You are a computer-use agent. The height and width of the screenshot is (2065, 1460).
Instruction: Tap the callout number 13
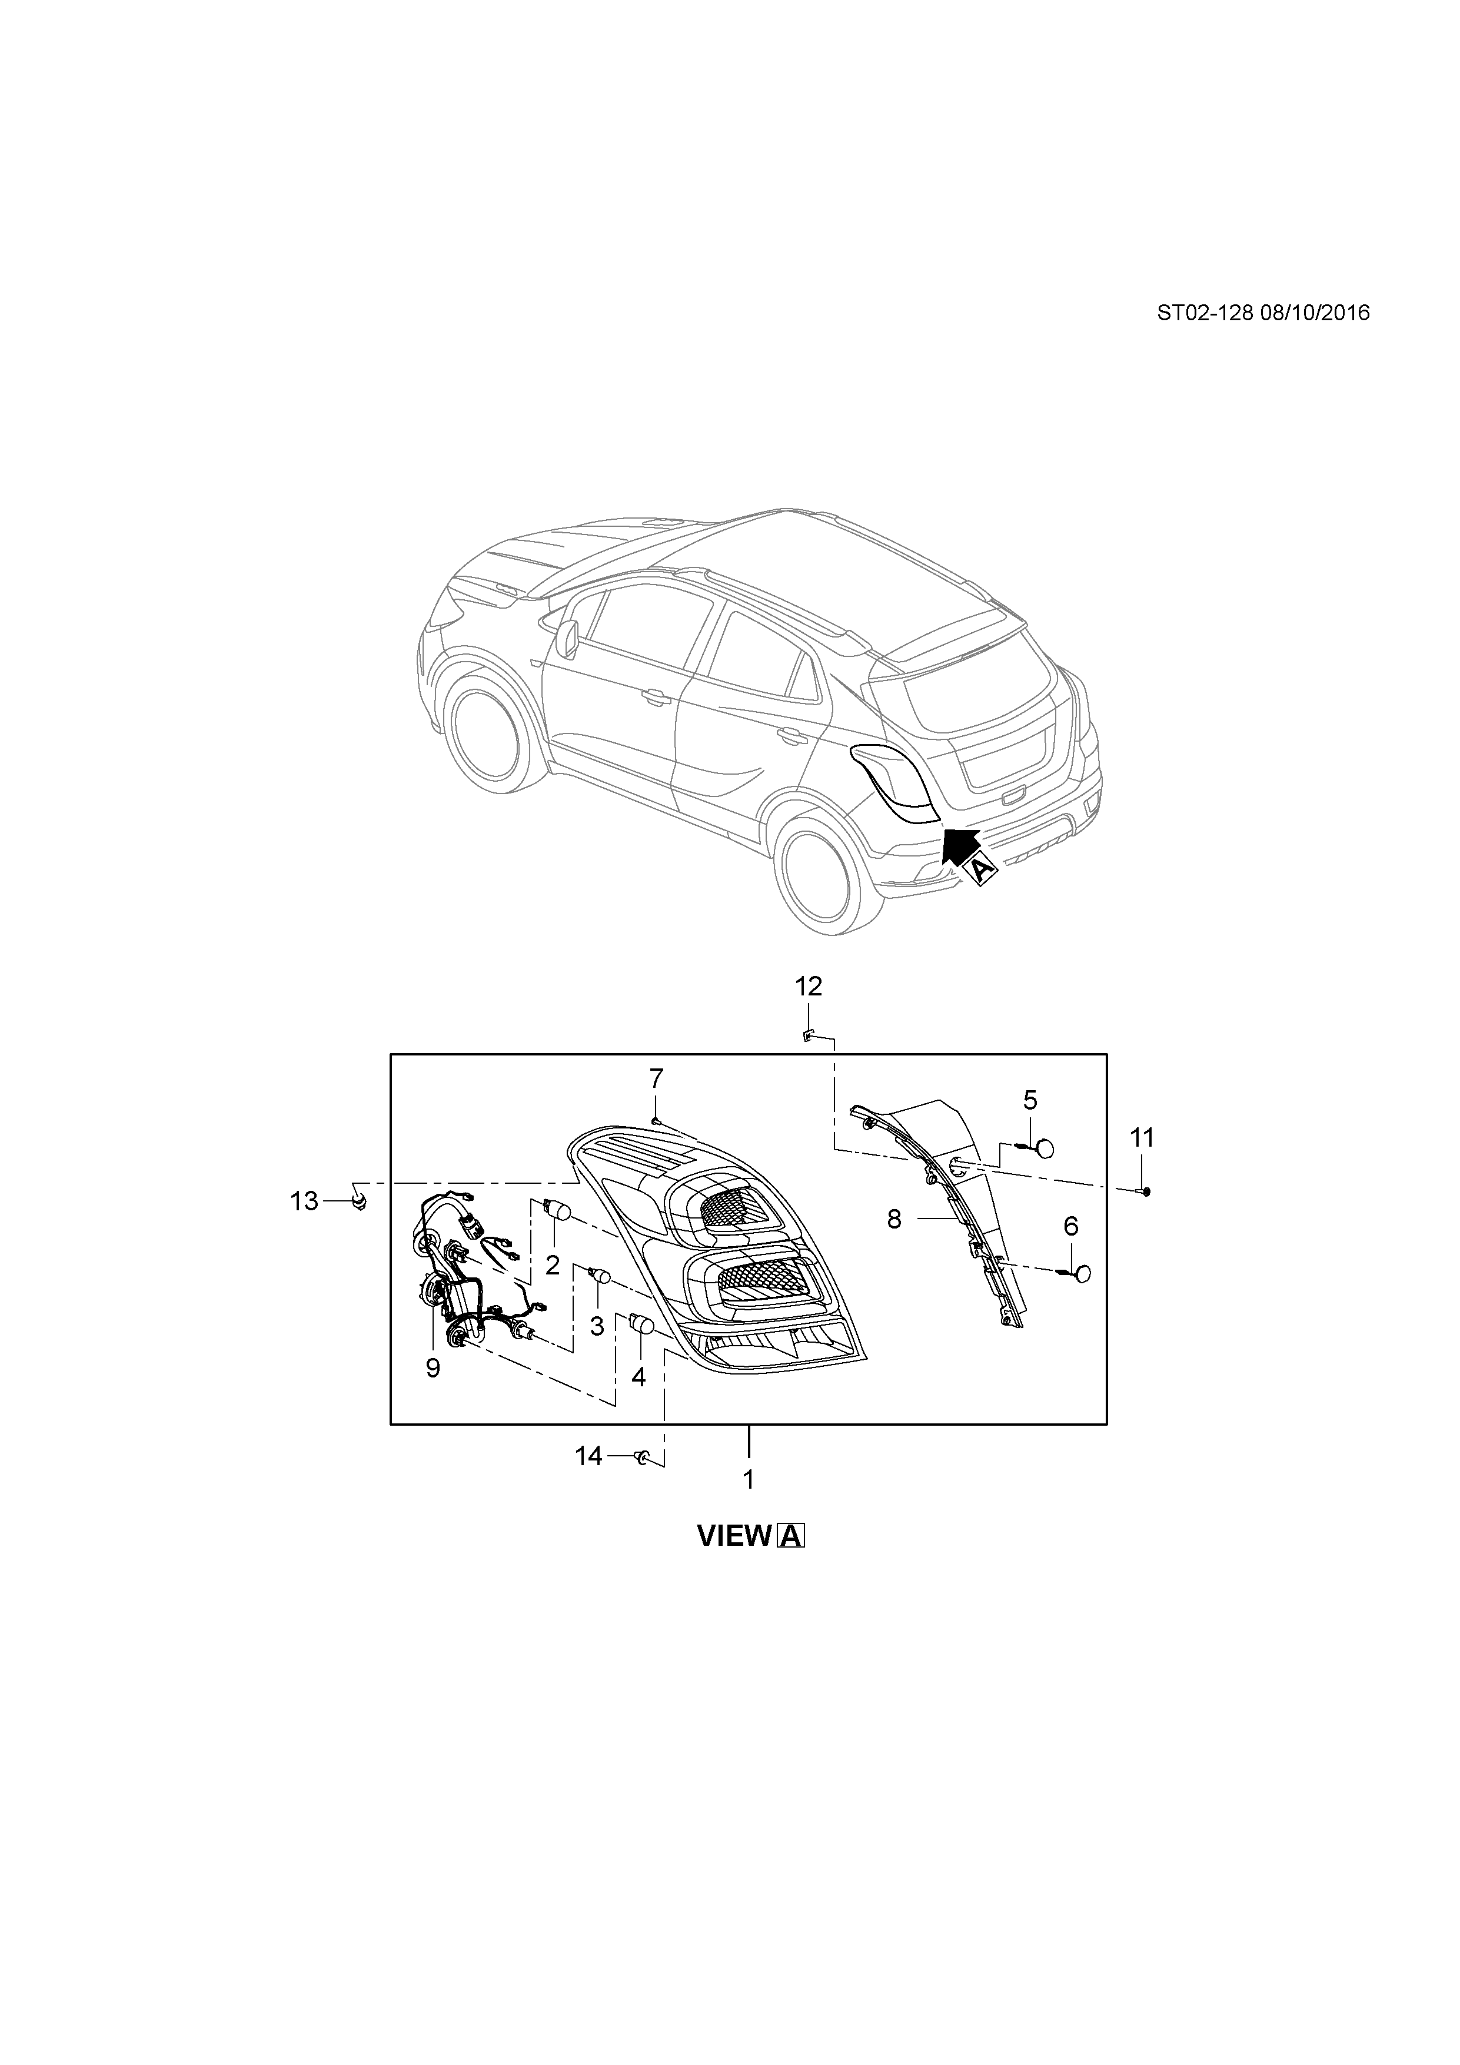coord(304,1201)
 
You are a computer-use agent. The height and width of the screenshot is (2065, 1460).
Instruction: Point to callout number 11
coord(1142,1138)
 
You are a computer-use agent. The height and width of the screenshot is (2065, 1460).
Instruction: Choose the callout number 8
coord(894,1220)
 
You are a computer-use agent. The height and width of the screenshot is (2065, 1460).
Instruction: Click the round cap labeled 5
coord(1045,1148)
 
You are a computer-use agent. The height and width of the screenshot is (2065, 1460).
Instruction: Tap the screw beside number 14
coord(642,1457)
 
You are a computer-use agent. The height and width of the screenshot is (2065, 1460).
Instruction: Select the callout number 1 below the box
coord(748,1479)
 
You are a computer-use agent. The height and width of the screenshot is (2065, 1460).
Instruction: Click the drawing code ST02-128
coord(1204,313)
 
